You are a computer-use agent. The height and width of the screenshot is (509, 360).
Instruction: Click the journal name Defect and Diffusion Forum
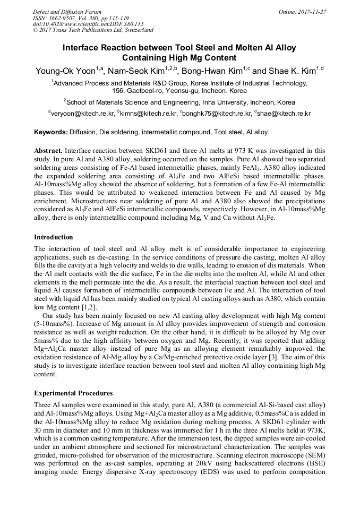click(67, 12)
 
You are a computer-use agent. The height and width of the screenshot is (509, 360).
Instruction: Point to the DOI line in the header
click(88, 24)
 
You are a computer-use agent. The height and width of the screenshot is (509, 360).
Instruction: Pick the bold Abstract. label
click(49, 151)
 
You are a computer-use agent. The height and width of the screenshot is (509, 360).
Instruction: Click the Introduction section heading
click(54, 237)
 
